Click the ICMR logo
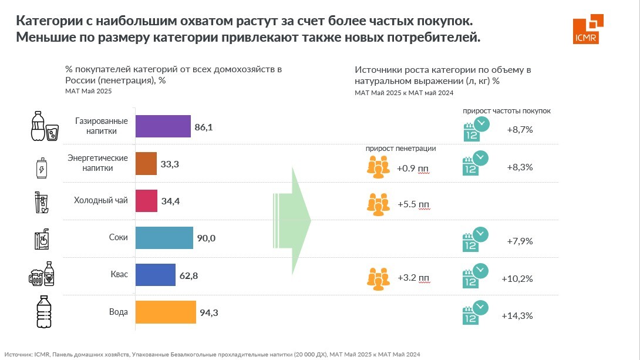pyautogui.click(x=588, y=28)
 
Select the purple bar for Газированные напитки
pyautogui.click(x=163, y=126)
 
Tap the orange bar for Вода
pyautogui.click(x=166, y=312)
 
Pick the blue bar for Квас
pyautogui.click(x=156, y=275)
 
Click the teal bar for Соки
pyautogui.click(x=164, y=238)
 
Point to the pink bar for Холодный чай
pyautogui.click(x=147, y=201)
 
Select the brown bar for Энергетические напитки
pyautogui.click(x=146, y=164)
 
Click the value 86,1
pyautogui.click(x=205, y=126)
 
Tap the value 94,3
pyautogui.click(x=209, y=313)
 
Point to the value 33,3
pyautogui.click(x=170, y=164)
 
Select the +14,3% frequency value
pyautogui.click(x=517, y=316)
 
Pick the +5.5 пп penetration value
pyautogui.click(x=413, y=205)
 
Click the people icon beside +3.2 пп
pyautogui.click(x=378, y=278)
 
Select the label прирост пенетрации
pyautogui.click(x=400, y=149)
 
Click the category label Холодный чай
pyautogui.click(x=100, y=201)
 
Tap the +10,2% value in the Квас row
pyautogui.click(x=517, y=279)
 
